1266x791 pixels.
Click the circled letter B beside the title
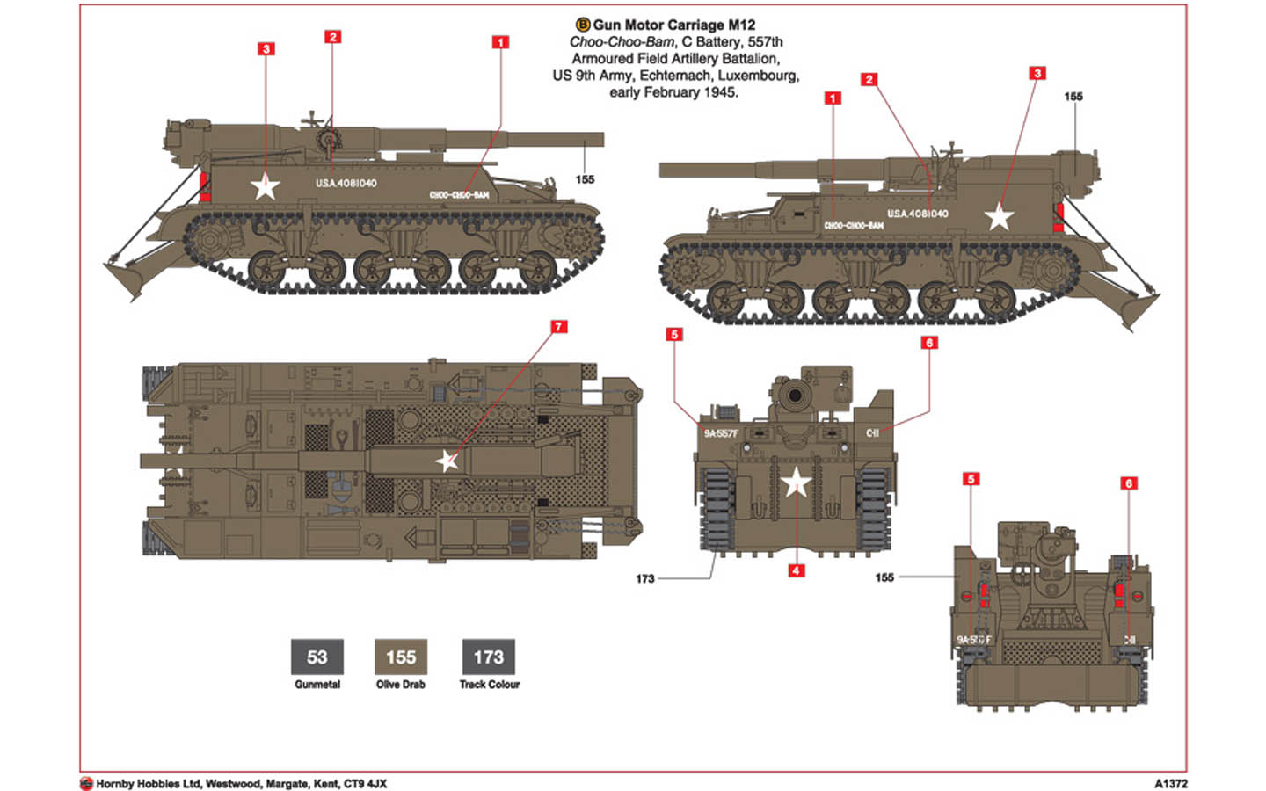point(582,25)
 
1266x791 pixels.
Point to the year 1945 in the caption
point(719,92)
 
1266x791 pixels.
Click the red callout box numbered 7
point(558,327)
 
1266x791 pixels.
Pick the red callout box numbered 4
point(796,570)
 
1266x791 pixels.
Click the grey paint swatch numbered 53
point(316,657)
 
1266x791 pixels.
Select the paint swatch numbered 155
point(401,657)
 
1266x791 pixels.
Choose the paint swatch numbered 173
point(489,657)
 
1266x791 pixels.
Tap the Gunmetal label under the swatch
point(316,685)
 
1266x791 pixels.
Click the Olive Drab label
point(401,685)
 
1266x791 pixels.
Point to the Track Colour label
point(489,685)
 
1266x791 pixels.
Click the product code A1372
point(1170,784)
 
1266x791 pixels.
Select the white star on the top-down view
point(447,461)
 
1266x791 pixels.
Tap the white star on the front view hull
point(796,483)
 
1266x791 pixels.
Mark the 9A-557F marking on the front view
point(720,433)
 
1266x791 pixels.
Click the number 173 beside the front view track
point(644,579)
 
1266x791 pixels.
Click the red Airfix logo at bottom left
point(86,784)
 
